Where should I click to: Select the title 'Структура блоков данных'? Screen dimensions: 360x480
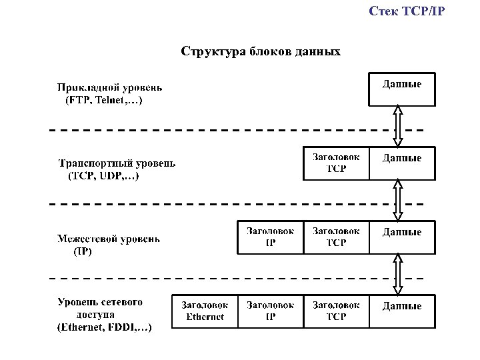(261, 51)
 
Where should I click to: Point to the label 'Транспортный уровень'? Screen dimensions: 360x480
(117, 163)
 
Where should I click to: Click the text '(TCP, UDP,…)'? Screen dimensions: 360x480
(104, 177)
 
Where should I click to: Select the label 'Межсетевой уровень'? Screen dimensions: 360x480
(109, 239)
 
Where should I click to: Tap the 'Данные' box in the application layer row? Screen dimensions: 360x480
(402, 89)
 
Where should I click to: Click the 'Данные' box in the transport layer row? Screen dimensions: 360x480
(402, 163)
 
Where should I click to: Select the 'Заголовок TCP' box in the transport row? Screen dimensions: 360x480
(336, 163)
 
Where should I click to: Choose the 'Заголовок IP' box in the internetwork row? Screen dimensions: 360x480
(270, 237)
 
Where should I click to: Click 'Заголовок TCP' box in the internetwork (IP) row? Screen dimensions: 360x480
(336, 237)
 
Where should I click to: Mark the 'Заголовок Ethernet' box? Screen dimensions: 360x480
(205, 311)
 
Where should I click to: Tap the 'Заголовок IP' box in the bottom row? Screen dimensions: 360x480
(270, 311)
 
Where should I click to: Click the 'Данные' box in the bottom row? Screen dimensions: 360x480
(402, 311)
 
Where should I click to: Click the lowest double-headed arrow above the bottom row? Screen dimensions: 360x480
(398, 275)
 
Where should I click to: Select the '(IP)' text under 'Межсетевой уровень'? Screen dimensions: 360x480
(83, 252)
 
